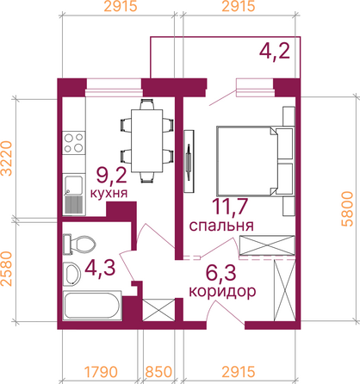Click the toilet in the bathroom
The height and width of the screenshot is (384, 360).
79,245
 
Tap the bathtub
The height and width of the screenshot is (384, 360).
92,305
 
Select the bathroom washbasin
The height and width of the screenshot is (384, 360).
71,274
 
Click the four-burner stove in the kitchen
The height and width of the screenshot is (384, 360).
74,143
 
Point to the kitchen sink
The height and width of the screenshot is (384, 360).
74,195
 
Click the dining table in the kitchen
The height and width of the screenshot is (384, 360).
147,140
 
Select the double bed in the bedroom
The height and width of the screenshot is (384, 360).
256,161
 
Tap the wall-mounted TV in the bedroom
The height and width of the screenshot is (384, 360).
189,161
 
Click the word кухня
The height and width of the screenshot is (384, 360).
109,193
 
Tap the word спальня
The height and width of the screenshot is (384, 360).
221,226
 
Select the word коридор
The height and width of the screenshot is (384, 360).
222,292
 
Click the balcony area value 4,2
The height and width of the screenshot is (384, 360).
274,51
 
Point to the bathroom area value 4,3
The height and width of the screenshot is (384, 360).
100,268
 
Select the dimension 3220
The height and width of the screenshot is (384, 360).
7,158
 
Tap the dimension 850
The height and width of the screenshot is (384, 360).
158,372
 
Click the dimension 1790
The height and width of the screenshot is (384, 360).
101,372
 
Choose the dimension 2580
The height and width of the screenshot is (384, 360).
7,269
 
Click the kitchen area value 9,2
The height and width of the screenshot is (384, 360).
111,176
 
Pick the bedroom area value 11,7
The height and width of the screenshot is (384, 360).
230,206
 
